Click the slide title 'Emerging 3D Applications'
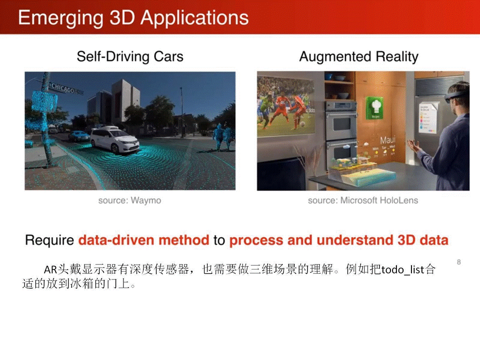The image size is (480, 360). (x=133, y=18)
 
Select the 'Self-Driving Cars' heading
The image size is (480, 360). (x=130, y=56)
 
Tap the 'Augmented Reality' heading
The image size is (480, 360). (x=359, y=56)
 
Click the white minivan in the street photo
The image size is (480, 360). (x=115, y=140)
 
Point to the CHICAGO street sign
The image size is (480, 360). (x=63, y=88)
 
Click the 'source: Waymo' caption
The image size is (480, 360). (x=130, y=200)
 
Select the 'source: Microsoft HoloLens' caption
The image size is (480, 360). (x=363, y=200)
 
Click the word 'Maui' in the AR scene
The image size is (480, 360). (x=387, y=140)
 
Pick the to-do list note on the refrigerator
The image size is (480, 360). (x=428, y=117)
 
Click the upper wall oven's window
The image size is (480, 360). (x=341, y=124)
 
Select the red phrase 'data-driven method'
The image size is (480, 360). (x=144, y=240)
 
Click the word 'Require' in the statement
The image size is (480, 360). (x=49, y=240)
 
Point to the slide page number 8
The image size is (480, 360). (x=458, y=262)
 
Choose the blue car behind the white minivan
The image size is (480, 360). (x=79, y=136)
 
